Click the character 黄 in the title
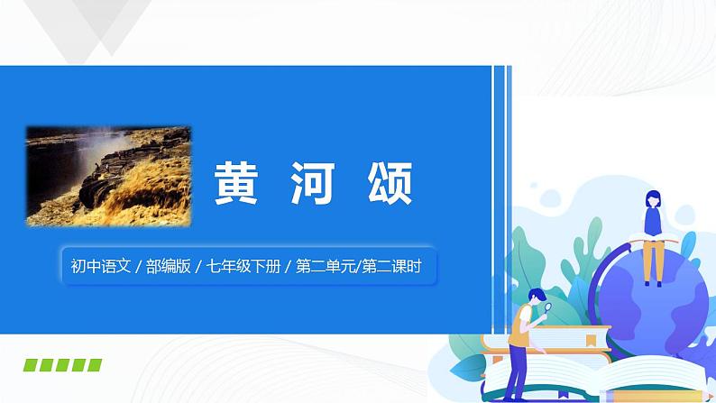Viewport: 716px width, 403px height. click(x=235, y=185)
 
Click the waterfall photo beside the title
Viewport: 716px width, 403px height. click(x=108, y=176)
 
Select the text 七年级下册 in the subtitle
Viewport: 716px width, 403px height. click(x=241, y=266)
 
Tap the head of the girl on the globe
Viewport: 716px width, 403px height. click(x=652, y=200)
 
